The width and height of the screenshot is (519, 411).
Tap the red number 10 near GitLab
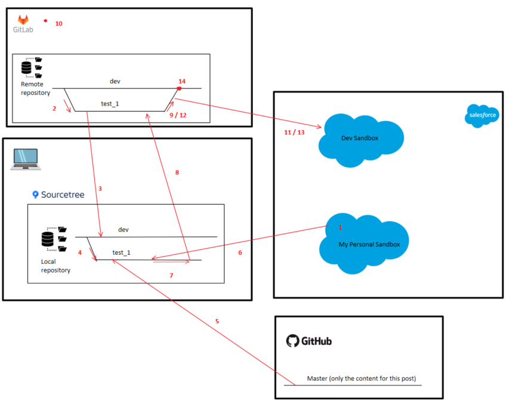pyautogui.click(x=58, y=24)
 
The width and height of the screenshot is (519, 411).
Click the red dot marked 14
pyautogui.click(x=179, y=88)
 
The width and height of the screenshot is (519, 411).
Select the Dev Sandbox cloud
pyautogui.click(x=360, y=138)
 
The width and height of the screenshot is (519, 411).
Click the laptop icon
pyautogui.click(x=24, y=159)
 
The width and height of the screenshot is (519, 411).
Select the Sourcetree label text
pyautogui.click(x=63, y=194)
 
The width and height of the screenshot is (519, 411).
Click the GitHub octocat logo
pyautogui.click(x=292, y=341)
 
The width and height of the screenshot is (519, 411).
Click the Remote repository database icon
pyautogui.click(x=26, y=69)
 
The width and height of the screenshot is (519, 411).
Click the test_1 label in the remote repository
pyautogui.click(x=110, y=104)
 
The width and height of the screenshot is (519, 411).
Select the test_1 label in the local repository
pyautogui.click(x=121, y=253)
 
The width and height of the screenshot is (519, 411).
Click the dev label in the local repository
pyautogui.click(x=123, y=230)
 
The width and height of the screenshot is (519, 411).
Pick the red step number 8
pyautogui.click(x=177, y=172)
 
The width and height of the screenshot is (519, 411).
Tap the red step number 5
pyautogui.click(x=217, y=322)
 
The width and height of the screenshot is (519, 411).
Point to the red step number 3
pyautogui.click(x=100, y=188)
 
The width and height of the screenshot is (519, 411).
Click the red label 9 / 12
pyautogui.click(x=178, y=115)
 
